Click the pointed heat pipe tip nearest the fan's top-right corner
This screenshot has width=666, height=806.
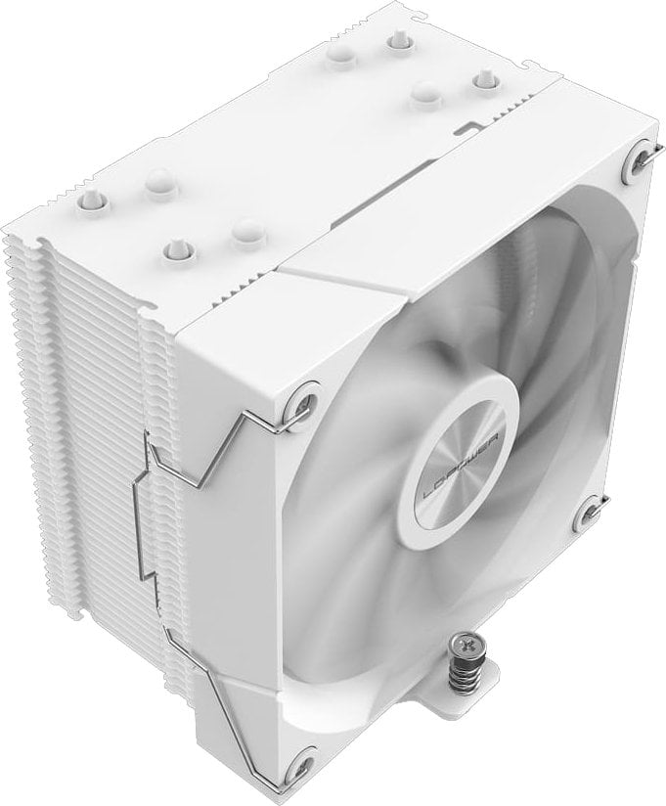click(x=483, y=78)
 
